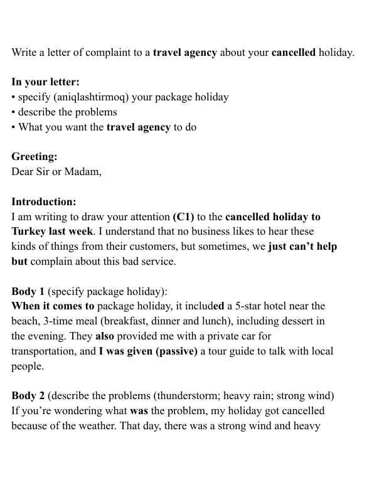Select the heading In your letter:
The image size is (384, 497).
(45, 82)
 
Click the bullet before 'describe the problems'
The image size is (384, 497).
(14, 112)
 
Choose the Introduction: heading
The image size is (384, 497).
(44, 202)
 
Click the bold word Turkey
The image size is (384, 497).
(29, 232)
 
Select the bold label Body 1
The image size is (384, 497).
(28, 292)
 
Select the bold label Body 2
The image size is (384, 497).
(28, 397)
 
